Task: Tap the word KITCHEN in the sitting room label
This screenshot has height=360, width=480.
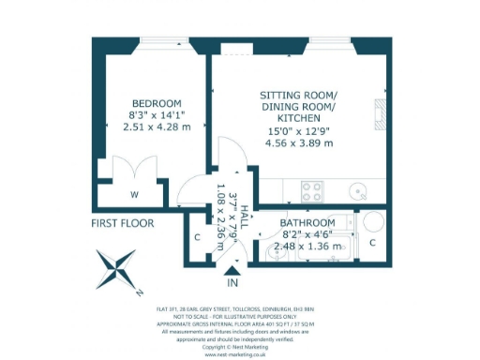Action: (297, 120)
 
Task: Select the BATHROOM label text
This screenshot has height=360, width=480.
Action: (307, 223)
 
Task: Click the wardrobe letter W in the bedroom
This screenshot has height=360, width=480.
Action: (135, 195)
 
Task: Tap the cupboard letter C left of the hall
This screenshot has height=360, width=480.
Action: (197, 237)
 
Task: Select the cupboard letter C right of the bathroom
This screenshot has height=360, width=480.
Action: (372, 243)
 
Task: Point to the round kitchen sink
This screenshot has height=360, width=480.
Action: (357, 192)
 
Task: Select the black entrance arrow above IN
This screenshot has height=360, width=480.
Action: (232, 270)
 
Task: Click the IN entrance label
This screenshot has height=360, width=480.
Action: (232, 282)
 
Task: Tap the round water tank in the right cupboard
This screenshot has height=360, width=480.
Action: (371, 222)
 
